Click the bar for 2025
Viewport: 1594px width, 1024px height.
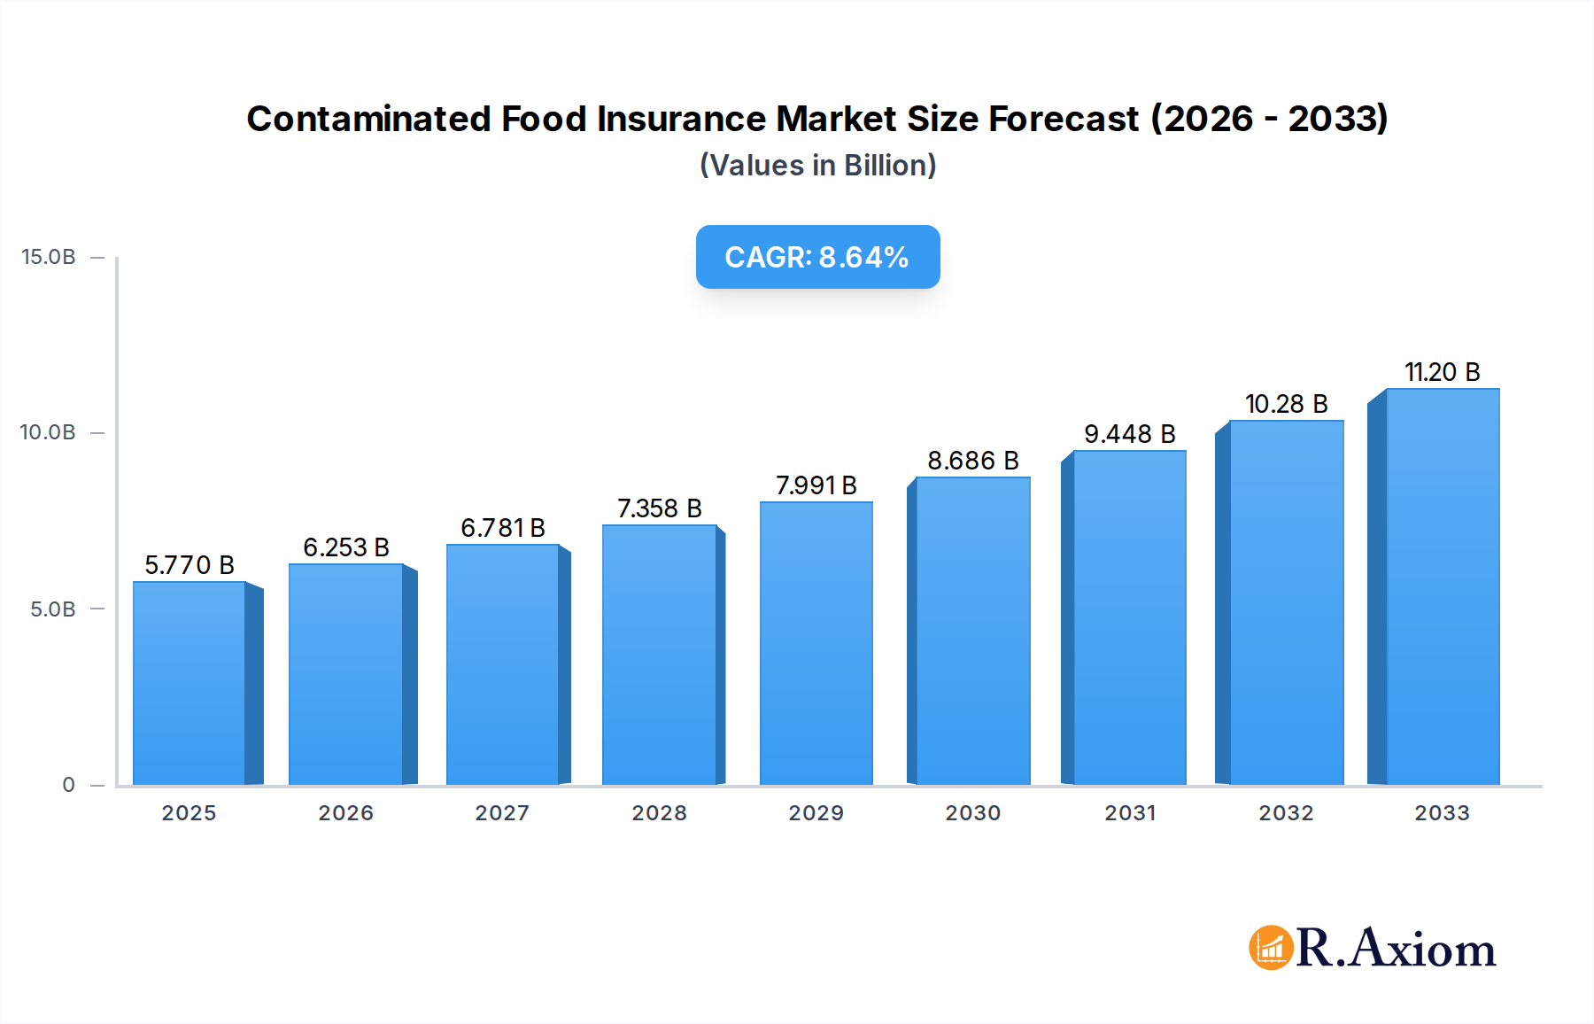click(190, 683)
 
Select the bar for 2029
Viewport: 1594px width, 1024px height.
click(816, 643)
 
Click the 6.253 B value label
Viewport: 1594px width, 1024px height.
click(346, 547)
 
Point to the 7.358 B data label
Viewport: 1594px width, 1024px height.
click(660, 508)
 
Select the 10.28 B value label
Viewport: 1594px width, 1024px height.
click(1286, 404)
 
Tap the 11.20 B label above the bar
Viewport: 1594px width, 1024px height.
click(1442, 372)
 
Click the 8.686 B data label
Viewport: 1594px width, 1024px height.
click(973, 461)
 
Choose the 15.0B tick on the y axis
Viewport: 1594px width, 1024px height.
click(49, 257)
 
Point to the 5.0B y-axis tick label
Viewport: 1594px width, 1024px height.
click(53, 609)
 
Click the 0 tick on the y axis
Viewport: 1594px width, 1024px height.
click(68, 785)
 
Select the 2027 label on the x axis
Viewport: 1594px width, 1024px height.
click(502, 813)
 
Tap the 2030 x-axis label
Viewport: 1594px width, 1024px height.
click(973, 813)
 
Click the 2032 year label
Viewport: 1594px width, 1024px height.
click(1286, 813)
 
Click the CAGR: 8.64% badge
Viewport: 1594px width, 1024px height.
click(817, 257)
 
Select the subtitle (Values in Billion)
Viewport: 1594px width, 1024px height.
click(817, 166)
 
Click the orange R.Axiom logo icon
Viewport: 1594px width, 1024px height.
click(1271, 948)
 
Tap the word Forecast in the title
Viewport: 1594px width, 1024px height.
click(1064, 119)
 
